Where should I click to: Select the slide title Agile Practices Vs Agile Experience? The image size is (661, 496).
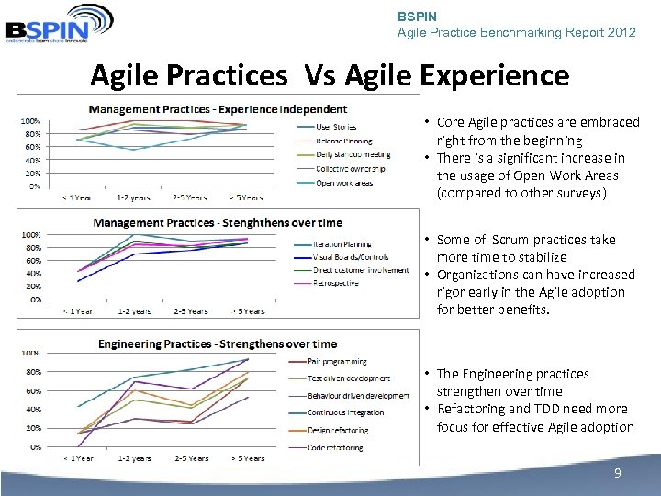click(x=330, y=75)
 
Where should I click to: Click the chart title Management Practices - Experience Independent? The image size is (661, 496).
click(x=218, y=110)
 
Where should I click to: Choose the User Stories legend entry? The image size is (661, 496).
click(x=337, y=126)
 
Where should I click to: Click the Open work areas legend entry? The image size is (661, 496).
click(x=344, y=183)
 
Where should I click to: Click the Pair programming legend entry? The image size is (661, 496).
click(x=337, y=362)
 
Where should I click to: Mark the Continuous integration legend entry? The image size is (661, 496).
click(x=345, y=412)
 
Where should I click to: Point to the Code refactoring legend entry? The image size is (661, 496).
click(x=335, y=447)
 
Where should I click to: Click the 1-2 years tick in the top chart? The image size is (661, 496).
click(x=133, y=197)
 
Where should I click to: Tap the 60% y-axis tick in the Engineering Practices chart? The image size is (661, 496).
click(x=31, y=390)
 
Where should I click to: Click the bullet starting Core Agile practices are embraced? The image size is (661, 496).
click(x=537, y=130)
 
